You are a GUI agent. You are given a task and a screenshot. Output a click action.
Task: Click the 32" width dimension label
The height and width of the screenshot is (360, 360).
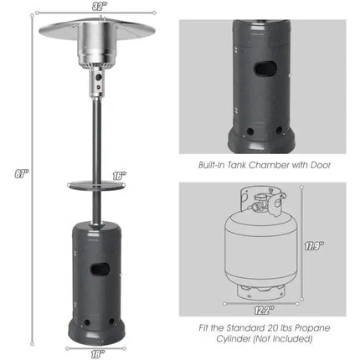(100, 6)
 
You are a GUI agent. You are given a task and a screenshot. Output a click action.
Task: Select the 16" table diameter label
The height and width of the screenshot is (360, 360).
(119, 176)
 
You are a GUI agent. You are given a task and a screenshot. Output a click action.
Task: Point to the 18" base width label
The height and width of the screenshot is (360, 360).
(100, 353)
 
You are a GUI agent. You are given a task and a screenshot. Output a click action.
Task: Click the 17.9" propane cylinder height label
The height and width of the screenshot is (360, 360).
(312, 246)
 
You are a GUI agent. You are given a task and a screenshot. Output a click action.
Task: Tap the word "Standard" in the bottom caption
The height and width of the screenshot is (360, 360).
(239, 327)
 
